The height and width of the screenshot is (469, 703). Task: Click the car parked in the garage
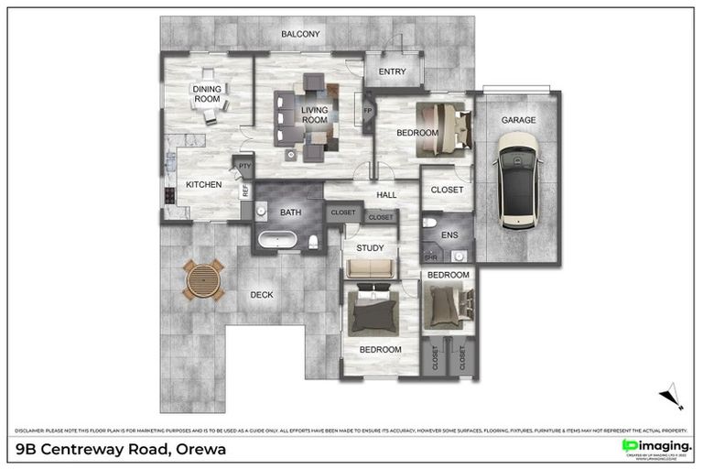click(517, 180)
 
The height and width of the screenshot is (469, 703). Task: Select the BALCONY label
click(300, 34)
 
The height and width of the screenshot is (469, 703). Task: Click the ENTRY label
click(392, 71)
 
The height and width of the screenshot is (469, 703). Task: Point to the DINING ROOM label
click(207, 93)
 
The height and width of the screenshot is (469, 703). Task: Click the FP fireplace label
click(368, 111)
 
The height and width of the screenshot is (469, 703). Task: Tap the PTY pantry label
click(244, 167)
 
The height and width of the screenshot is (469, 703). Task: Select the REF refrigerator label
click(245, 191)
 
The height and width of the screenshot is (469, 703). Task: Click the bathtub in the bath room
click(276, 242)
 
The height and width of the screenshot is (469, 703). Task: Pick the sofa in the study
click(371, 268)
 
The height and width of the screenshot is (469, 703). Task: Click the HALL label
click(385, 194)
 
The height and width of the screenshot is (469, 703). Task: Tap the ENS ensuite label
click(449, 235)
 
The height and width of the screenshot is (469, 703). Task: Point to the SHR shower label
click(431, 258)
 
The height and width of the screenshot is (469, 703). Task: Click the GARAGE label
click(518, 120)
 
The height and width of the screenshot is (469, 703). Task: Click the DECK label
click(262, 295)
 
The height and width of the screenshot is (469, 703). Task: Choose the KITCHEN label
click(203, 185)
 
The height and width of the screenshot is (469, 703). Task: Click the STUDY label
click(370, 247)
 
